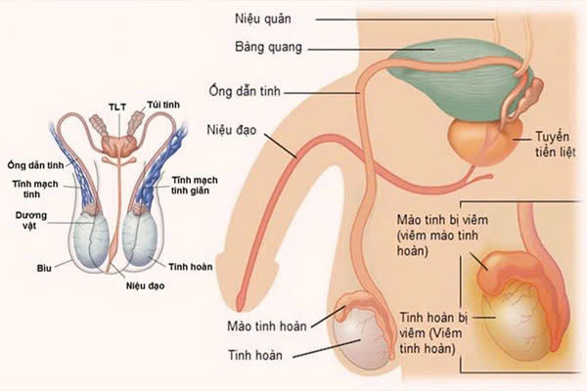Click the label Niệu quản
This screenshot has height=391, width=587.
pyautogui.click(x=263, y=19)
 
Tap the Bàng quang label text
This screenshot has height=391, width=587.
pyautogui.click(x=268, y=48)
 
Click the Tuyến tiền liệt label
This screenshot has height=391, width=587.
pyautogui.click(x=555, y=145)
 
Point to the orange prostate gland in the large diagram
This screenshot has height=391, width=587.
pyautogui.click(x=483, y=141)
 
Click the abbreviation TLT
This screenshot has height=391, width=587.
pyautogui.click(x=117, y=108)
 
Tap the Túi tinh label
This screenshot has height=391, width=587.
pyautogui.click(x=163, y=105)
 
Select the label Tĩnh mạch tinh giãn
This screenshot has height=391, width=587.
pyautogui.click(x=195, y=186)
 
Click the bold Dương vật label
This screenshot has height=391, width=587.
pyautogui.click(x=31, y=220)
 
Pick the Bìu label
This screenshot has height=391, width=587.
pyautogui.click(x=44, y=268)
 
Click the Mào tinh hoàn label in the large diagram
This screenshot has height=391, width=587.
pyautogui.click(x=267, y=326)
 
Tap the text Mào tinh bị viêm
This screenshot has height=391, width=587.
pyautogui.click(x=442, y=220)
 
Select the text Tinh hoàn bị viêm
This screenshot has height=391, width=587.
pyautogui.click(x=433, y=318)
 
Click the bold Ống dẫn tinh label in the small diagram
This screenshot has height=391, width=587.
pyautogui.click(x=35, y=165)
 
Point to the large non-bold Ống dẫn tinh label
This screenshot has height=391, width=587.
pyautogui.click(x=245, y=92)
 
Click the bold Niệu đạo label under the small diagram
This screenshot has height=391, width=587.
pyautogui.click(x=145, y=286)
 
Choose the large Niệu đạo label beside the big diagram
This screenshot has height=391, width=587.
pyautogui.click(x=231, y=130)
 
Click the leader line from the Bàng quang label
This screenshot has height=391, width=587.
pyautogui.click(x=371, y=50)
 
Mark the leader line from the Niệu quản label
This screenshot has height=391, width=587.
pyautogui.click(x=405, y=20)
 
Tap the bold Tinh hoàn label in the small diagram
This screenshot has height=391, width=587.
pyautogui.click(x=191, y=267)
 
